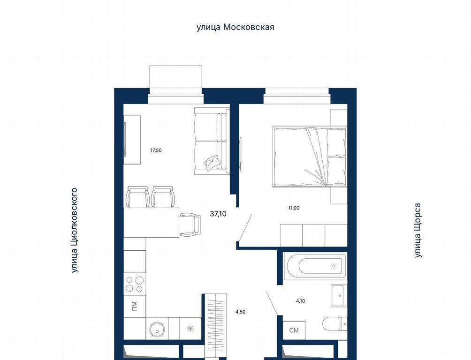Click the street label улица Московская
(235, 27)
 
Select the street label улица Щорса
(418, 231)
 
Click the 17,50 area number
(156, 150)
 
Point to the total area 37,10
(219, 214)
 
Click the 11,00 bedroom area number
(294, 208)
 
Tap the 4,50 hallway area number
(240, 312)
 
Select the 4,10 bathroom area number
(300, 301)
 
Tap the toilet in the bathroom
(334, 324)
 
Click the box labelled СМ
(294, 330)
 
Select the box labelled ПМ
(135, 306)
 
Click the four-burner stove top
(135, 284)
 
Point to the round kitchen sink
(157, 329)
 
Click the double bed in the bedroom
(310, 157)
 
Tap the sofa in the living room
(212, 141)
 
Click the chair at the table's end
(190, 224)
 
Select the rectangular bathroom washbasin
(339, 296)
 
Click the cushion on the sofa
(213, 163)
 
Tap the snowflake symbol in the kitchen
(190, 329)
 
